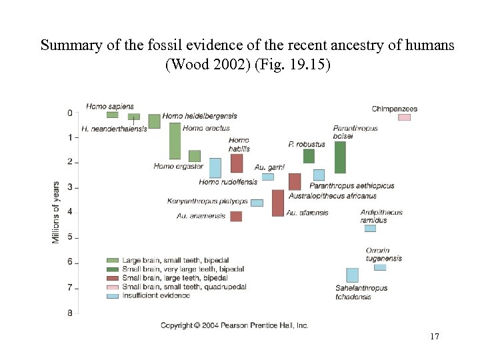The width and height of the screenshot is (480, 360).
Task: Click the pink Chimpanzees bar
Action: [404, 117]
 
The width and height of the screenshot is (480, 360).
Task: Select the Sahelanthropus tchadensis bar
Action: [352, 275]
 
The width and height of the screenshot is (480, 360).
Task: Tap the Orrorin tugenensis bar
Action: [380, 267]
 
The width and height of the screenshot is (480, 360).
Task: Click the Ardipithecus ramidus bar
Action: [370, 228]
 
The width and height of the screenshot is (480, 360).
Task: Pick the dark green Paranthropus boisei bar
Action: [340, 157]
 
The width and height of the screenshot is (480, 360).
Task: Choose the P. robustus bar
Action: [309, 155]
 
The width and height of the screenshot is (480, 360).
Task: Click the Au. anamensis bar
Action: [236, 216]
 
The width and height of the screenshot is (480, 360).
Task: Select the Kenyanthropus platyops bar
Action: [257, 203]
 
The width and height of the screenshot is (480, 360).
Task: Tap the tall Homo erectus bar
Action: [175, 141]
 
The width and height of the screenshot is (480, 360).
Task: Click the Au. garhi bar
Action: [267, 177]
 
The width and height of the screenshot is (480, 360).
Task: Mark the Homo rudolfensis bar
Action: [215, 167]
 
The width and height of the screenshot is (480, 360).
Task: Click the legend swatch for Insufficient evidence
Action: [113, 295]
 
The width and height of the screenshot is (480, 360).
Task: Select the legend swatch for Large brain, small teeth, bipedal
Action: [113, 260]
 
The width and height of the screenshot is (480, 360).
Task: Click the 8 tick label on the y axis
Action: [69, 313]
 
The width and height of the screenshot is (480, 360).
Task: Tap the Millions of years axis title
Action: [56, 212]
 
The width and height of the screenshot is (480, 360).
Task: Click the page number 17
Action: [435, 337]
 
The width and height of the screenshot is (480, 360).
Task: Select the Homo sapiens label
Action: [110, 106]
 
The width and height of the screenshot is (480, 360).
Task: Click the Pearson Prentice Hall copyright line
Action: [234, 325]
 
